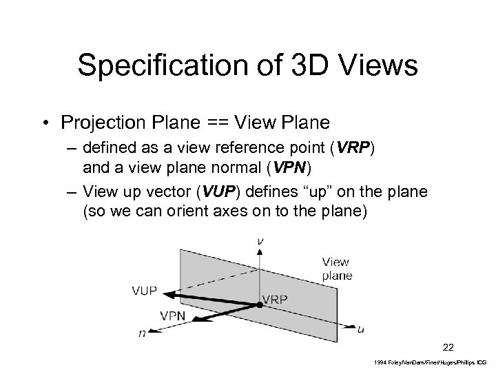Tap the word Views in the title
[378, 65]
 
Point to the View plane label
[336, 268]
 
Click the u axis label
[361, 329]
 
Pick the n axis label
[141, 334]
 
